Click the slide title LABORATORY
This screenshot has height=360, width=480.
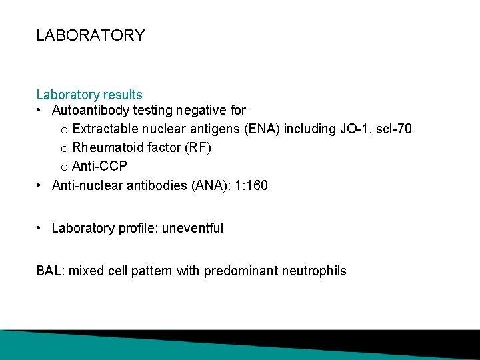point(90,35)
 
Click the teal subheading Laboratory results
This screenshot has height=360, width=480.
point(89,95)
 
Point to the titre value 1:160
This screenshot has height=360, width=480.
point(253,185)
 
